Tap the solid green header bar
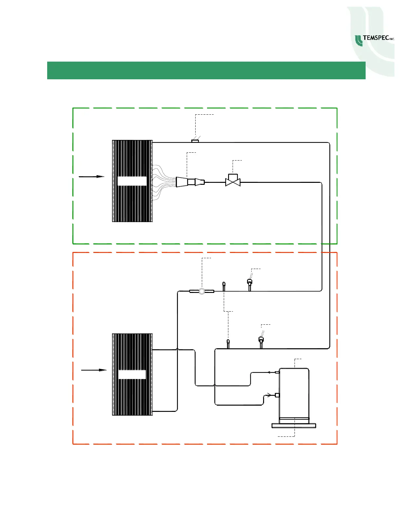pyautogui.click(x=206, y=70)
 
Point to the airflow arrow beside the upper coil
pyautogui.click(x=91, y=177)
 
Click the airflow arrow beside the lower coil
pyautogui.click(x=94, y=370)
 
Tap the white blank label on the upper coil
pyautogui.click(x=132, y=181)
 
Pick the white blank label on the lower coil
pyautogui.click(x=132, y=375)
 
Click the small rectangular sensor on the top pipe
pyautogui.click(x=195, y=141)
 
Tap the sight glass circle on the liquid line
pyautogui.click(x=202, y=291)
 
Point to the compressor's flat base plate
pyautogui.click(x=294, y=425)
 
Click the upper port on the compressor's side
pyautogui.click(x=277, y=372)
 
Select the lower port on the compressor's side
pyautogui.click(x=277, y=395)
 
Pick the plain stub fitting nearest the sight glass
pyautogui.click(x=224, y=286)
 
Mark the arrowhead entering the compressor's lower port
pyautogui.click(x=269, y=395)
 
